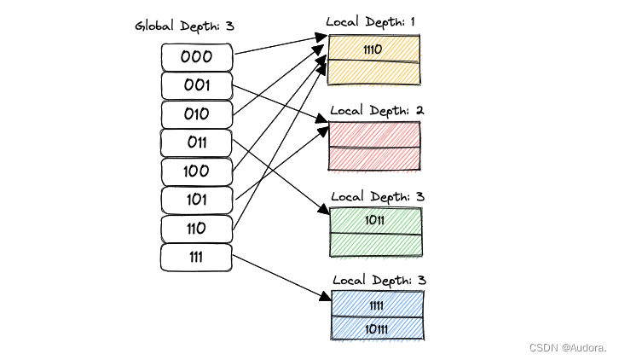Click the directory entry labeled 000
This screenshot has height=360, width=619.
tap(196, 57)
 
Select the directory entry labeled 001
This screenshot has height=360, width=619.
tap(196, 85)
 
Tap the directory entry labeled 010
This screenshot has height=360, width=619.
tap(196, 114)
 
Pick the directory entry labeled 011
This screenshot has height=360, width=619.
tap(196, 142)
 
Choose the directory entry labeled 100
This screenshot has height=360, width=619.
tap(196, 171)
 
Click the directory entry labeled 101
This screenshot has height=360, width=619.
tap(196, 200)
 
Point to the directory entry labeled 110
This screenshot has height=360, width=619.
tap(196, 228)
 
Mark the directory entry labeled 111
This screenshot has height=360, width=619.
tap(196, 257)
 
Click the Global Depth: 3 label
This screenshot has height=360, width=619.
tap(184, 26)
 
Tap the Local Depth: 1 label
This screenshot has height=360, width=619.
tap(375, 20)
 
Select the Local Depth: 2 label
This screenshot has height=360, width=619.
tap(377, 110)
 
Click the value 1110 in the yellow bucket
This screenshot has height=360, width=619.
tap(373, 49)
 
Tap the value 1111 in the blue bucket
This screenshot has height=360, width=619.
tap(376, 305)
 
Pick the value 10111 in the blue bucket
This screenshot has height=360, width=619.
tap(376, 328)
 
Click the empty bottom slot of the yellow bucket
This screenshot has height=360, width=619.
tap(375, 73)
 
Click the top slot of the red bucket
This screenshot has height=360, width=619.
tap(375, 134)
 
